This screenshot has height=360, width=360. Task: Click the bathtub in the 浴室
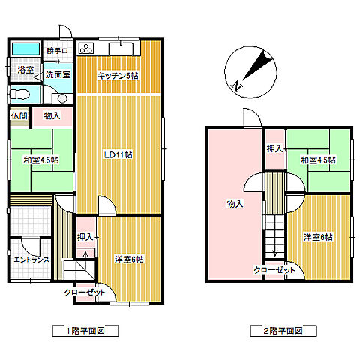point(26,49)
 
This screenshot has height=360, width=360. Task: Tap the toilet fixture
point(19,94)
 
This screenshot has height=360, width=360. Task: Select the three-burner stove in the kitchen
point(86,48)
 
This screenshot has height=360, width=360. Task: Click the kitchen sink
point(121,49)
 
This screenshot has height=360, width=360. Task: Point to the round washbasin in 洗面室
point(62,98)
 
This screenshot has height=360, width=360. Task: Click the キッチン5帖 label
point(118,75)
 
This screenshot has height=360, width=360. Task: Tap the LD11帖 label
point(118,155)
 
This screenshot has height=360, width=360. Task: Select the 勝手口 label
point(57,51)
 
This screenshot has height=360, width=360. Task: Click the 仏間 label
point(19,115)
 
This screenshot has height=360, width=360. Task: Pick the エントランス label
point(31,259)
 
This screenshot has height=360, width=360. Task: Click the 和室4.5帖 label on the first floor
point(41,160)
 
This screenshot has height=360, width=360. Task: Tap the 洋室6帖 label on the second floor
point(318,237)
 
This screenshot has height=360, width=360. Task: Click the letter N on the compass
point(237,86)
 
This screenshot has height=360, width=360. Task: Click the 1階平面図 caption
point(85,331)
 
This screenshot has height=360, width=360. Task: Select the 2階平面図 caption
point(283,331)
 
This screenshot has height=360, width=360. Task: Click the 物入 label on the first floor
point(52,115)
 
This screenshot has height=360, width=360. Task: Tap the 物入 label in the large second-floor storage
point(235,204)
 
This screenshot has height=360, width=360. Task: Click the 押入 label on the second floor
point(274,149)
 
